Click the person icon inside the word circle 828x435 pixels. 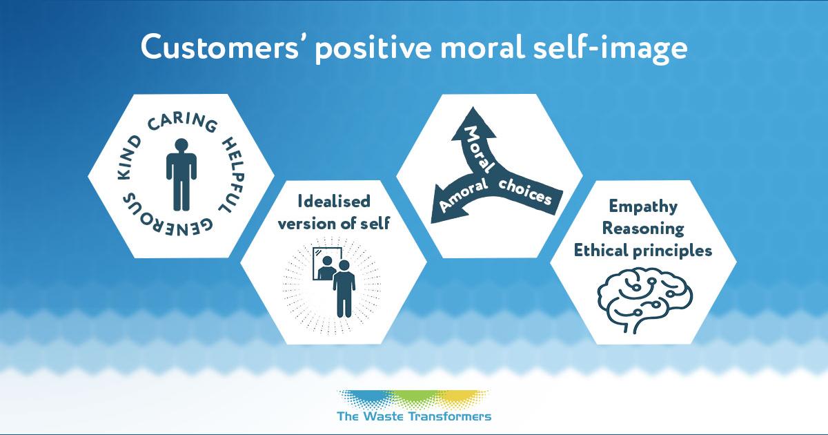pyautogui.click(x=181, y=174)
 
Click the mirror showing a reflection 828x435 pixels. pyautogui.click(x=324, y=263)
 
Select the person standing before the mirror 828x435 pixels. pyautogui.click(x=343, y=290)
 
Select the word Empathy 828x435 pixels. pyautogui.click(x=642, y=206)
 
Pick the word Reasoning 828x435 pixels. pyautogui.click(x=642, y=228)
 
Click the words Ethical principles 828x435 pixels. pyautogui.click(x=642, y=250)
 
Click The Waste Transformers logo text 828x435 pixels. pyautogui.click(x=414, y=416)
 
